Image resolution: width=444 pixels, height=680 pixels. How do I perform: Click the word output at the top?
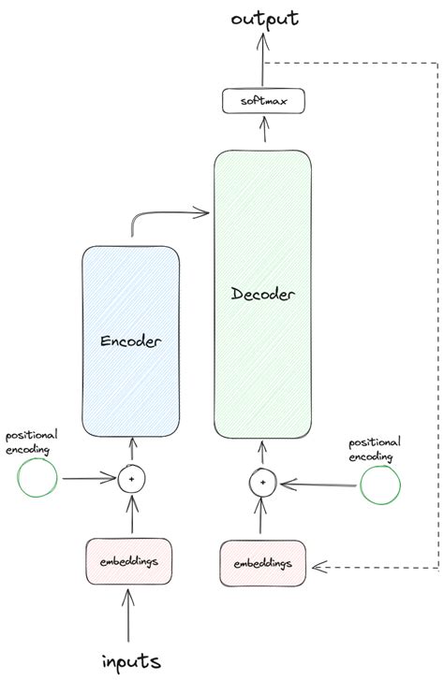(259, 19)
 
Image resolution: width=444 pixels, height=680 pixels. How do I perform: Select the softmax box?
(263, 100)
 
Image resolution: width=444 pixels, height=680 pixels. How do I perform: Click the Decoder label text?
(263, 295)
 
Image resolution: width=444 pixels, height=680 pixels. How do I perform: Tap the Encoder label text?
(131, 341)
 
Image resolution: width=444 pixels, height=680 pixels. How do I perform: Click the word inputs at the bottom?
(132, 660)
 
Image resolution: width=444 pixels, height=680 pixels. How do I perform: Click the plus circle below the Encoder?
(131, 479)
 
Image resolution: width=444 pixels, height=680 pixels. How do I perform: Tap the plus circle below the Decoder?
(263, 483)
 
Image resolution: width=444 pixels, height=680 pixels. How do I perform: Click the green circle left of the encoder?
(38, 478)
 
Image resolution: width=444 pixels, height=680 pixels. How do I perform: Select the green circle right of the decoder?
(381, 484)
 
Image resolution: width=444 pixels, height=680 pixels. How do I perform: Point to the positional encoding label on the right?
(375, 448)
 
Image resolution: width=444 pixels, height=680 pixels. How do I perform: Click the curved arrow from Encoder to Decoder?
(169, 214)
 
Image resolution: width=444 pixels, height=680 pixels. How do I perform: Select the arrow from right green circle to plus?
(318, 484)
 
